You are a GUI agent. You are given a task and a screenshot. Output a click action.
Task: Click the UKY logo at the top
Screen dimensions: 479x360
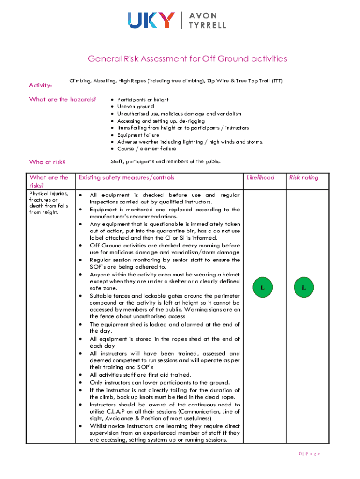[x=151, y=20]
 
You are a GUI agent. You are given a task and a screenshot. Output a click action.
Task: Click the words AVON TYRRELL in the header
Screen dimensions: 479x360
[x=207, y=20]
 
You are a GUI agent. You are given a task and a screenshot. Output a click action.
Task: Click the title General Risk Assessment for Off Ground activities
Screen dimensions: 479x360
[x=187, y=59]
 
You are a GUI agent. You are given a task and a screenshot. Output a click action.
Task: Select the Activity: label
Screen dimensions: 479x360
[x=41, y=85]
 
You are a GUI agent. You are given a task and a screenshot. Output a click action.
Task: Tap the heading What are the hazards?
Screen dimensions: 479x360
[x=63, y=99]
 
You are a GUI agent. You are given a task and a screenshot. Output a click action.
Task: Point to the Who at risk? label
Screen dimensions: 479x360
[x=47, y=162]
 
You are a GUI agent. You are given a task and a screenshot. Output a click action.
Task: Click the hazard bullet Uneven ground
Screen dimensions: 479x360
[x=135, y=107]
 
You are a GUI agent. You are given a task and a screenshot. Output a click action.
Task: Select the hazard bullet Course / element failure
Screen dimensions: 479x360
[x=146, y=149]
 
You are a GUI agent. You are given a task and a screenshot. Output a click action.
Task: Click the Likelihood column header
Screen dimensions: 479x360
[x=260, y=177]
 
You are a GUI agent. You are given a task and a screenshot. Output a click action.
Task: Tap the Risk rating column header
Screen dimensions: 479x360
[x=303, y=177]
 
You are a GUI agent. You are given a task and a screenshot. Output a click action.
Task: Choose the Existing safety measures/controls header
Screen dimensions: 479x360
[x=127, y=177]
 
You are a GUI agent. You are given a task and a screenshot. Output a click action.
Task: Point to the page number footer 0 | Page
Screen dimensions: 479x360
[x=310, y=454]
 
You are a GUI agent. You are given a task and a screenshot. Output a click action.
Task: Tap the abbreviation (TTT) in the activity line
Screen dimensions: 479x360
[x=276, y=81]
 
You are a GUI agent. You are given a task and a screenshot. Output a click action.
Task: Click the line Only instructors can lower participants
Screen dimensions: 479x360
[x=159, y=382]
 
